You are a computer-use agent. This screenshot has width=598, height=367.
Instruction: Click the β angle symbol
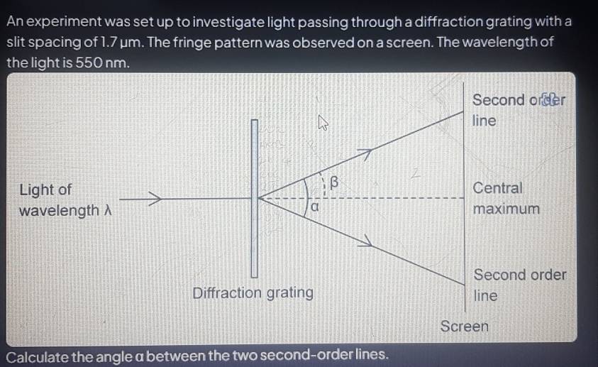333,182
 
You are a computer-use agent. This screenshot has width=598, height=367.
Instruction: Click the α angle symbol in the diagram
315,207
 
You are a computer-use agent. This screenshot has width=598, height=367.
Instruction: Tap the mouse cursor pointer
323,123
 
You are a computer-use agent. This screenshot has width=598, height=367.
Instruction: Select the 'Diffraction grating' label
253,293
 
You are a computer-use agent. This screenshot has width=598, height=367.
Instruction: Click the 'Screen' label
464,327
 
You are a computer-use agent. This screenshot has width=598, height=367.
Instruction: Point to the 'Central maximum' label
506,198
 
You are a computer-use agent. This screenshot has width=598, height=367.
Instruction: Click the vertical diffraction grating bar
255,198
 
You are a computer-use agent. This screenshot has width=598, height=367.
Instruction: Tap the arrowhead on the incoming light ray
155,198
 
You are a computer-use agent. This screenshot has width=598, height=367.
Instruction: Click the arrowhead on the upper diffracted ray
365,154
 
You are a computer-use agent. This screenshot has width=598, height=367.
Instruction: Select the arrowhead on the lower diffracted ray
365,241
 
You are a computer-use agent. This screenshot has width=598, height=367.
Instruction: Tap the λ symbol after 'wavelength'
108,210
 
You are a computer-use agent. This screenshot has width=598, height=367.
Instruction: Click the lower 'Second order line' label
520,285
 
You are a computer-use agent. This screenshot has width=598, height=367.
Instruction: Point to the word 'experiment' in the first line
65,22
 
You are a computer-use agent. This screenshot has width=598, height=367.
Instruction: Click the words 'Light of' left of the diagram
45,190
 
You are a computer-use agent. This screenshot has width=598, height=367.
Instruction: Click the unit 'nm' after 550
117,63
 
